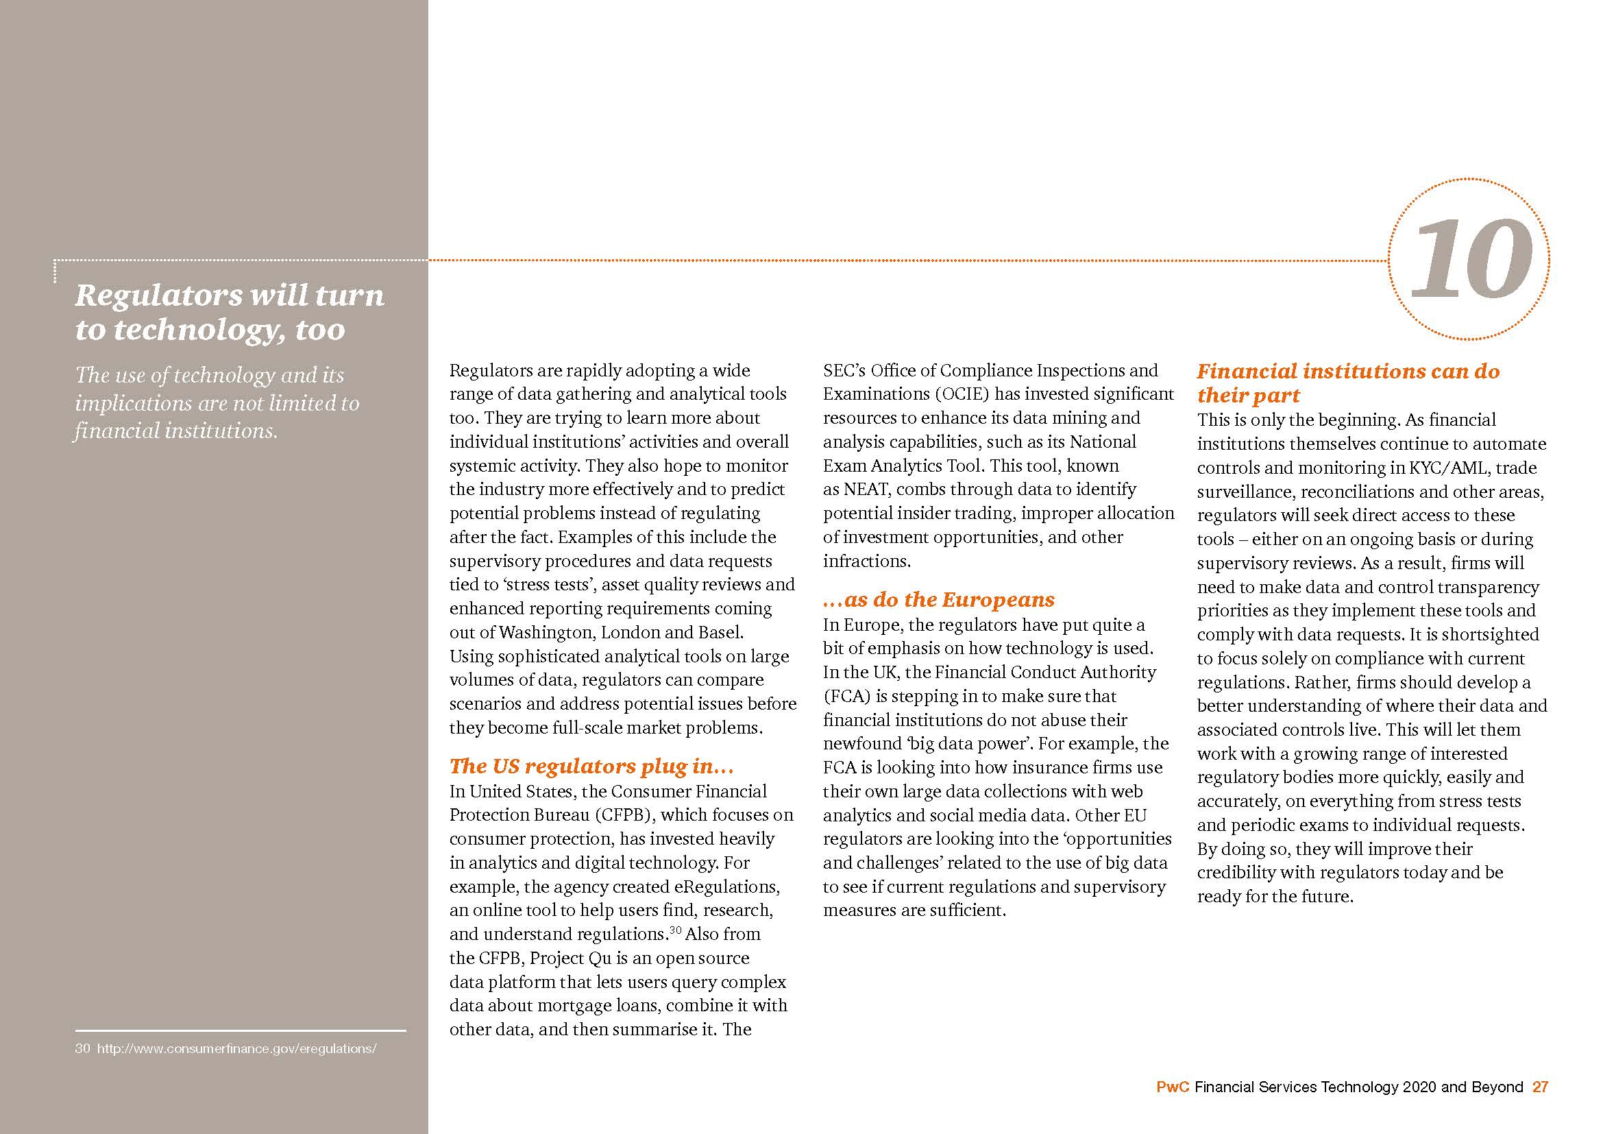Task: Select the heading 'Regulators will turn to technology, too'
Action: tap(229, 311)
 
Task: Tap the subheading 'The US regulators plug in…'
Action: tap(591, 766)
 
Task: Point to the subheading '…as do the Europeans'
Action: tap(938, 600)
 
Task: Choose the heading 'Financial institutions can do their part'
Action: tap(1347, 383)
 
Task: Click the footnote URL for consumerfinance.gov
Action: tap(236, 1049)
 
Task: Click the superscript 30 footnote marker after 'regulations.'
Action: tap(675, 930)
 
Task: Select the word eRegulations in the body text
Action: tap(726, 886)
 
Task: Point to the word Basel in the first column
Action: tap(720, 633)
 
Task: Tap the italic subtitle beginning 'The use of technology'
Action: tap(217, 403)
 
